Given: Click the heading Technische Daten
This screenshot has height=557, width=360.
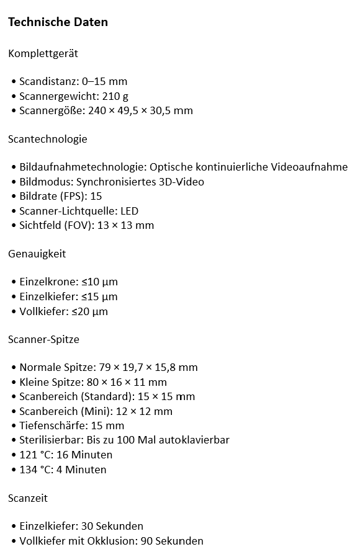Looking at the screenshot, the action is point(58,22).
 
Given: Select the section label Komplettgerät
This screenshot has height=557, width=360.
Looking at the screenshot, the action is point(43,54).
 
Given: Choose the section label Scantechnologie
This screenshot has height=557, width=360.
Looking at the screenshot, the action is point(48,139).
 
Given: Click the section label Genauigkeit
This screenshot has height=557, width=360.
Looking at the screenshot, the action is point(37,254).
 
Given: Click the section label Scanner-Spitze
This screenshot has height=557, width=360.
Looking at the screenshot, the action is point(43,340).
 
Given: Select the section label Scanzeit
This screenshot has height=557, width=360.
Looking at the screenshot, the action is point(28,498).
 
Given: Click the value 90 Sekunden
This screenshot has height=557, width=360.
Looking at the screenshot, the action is point(172,541).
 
